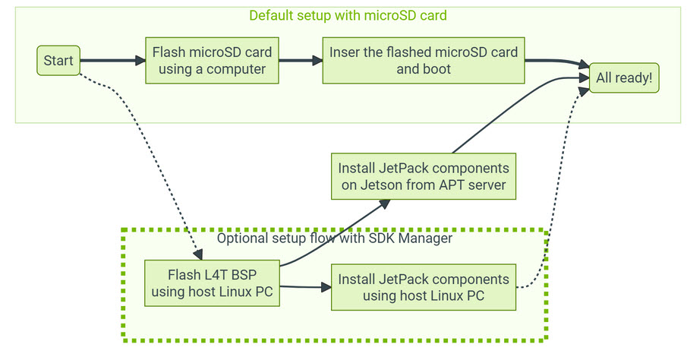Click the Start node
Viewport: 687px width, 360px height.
[x=58, y=61]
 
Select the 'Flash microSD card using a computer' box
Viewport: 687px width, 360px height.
[x=212, y=61]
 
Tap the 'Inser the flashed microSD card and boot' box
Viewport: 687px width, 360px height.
[x=424, y=61]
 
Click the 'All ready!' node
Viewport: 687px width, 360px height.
[x=624, y=78]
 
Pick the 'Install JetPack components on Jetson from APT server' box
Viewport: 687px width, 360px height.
[x=424, y=175]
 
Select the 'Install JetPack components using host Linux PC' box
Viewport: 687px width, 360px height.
[x=424, y=287]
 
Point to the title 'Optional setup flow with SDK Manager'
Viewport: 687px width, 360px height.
[x=335, y=238]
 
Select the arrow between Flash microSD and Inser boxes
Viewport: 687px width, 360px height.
[x=301, y=61]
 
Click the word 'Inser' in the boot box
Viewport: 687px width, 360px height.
[x=345, y=53]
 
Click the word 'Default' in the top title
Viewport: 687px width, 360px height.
[x=270, y=16]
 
